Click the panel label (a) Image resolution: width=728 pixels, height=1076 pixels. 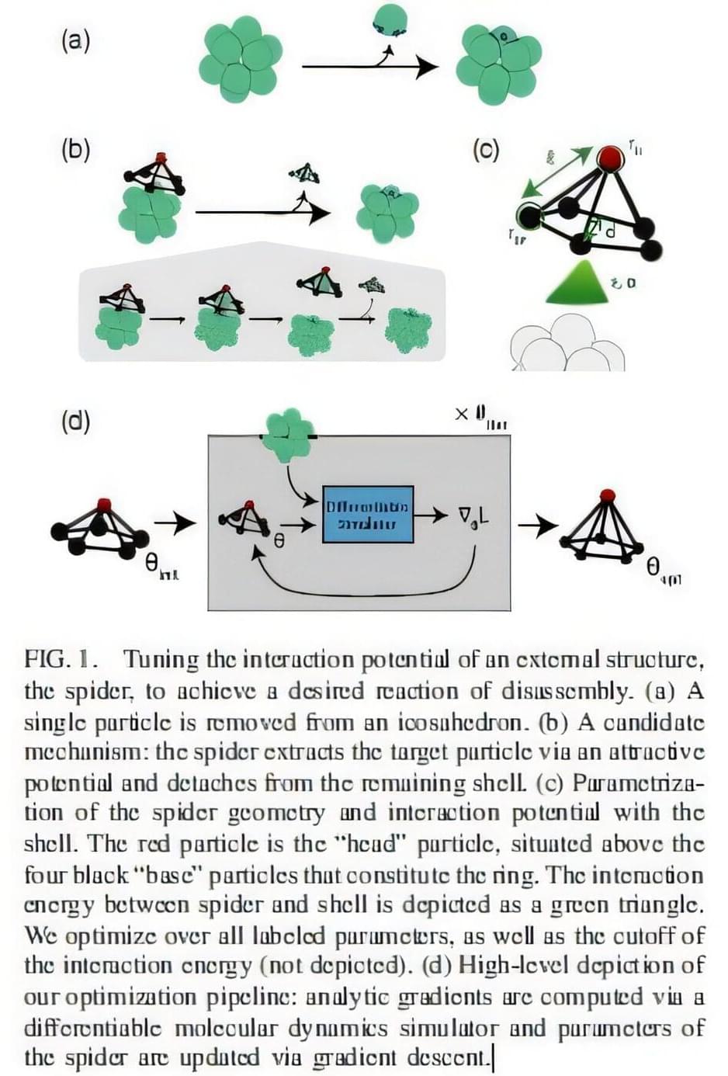click(75, 40)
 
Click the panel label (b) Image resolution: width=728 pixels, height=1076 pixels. click(75, 148)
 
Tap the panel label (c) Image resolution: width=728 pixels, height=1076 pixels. click(486, 148)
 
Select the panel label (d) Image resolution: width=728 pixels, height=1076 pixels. click(75, 421)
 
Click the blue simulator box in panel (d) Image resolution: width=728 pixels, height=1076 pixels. click(367, 514)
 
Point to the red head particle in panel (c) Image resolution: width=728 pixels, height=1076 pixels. click(610, 158)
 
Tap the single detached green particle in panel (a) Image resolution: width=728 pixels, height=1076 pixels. click(390, 19)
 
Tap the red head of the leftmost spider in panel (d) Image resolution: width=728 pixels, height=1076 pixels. click(104, 505)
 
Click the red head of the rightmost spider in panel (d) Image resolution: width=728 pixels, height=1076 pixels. click(608, 495)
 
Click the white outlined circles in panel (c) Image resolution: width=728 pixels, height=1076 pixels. click(567, 345)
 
